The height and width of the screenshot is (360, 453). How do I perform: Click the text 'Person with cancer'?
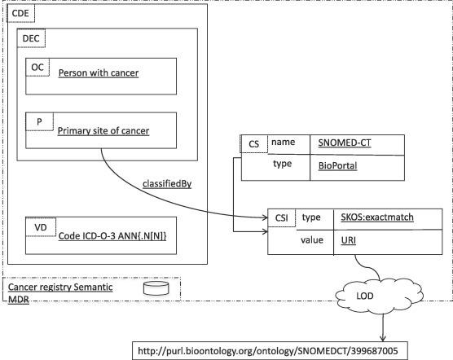click(98, 74)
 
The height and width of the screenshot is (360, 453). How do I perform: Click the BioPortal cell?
click(336, 165)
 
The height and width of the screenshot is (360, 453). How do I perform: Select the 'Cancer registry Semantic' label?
click(60, 288)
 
